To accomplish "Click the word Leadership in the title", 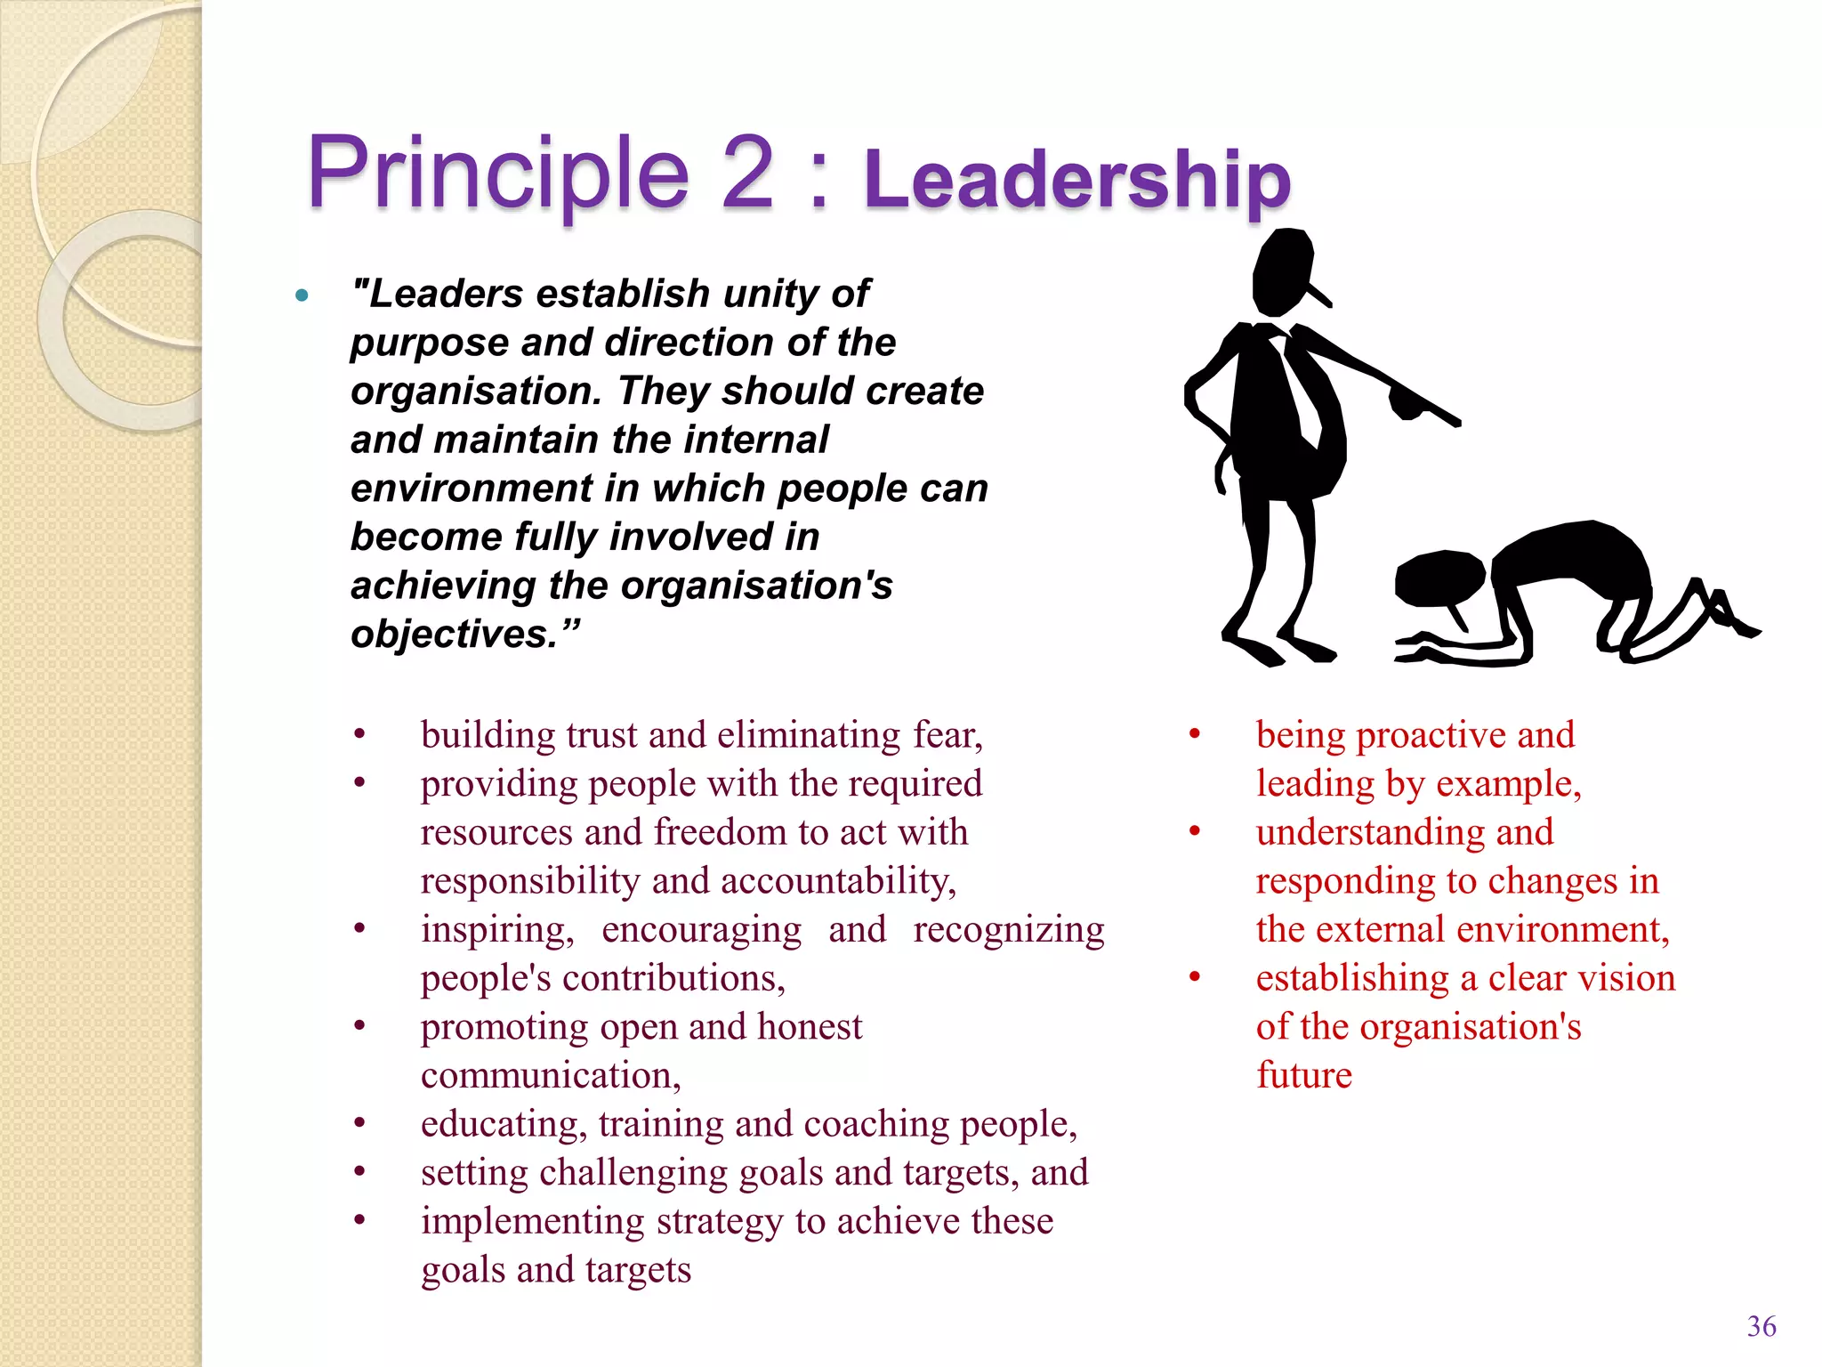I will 1076,180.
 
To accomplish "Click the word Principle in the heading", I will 498,174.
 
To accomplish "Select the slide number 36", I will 1761,1326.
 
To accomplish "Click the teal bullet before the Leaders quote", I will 302,295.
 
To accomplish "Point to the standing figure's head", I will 1284,271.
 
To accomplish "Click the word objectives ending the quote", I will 463,635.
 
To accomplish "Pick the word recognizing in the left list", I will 1008,930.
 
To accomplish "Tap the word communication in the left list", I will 550,1076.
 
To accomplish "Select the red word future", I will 1303,1076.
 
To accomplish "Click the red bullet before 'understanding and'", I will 1195,832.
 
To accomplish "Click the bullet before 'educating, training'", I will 359,1124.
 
